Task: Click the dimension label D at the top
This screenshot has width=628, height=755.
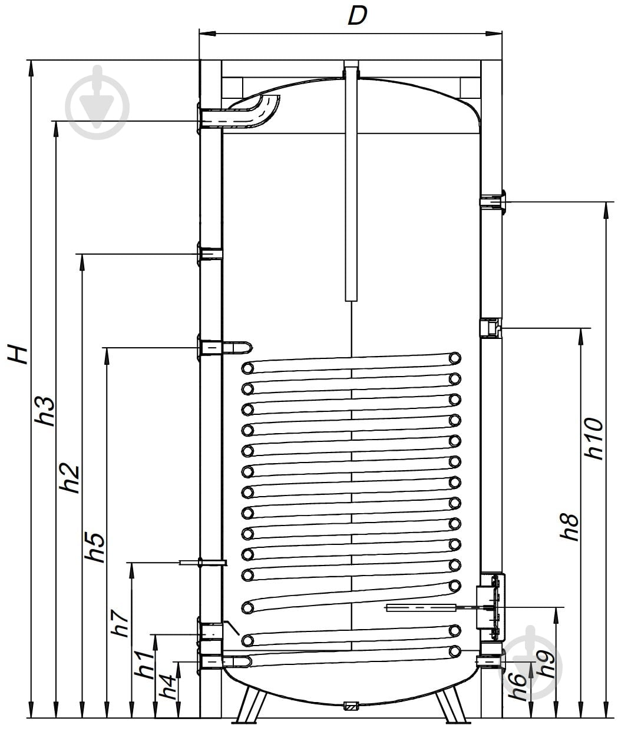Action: click(357, 16)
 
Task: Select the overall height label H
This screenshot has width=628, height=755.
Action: click(18, 354)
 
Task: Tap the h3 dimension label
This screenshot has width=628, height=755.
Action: click(45, 411)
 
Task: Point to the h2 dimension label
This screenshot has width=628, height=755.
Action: click(70, 478)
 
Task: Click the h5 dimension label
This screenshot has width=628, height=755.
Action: click(95, 548)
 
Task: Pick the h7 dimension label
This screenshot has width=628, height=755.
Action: click(120, 623)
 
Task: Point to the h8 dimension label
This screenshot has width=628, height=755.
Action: click(570, 528)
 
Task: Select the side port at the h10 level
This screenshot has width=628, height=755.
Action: click(493, 202)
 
